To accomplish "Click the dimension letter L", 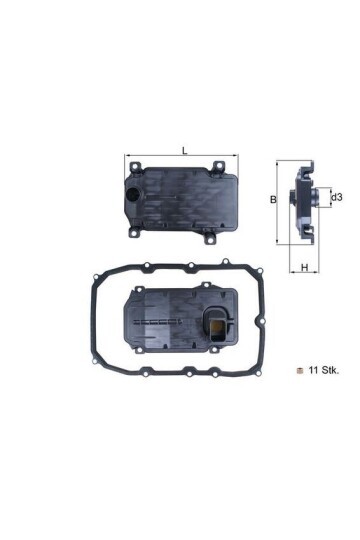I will [x=184, y=150].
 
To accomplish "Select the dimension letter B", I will [x=273, y=200].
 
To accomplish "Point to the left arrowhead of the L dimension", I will [x=127, y=157].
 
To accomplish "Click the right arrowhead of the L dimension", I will [x=237, y=157].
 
